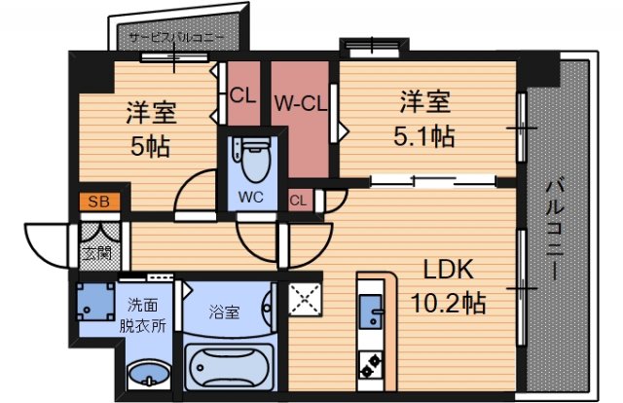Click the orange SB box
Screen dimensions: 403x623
coord(99,202)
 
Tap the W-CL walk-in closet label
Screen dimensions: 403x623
coord(298,100)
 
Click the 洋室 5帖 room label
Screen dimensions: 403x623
coord(149,128)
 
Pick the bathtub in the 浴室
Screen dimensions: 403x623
coord(230,368)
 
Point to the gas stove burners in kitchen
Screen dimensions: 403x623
coord(372,365)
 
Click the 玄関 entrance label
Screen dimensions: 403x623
coord(95,255)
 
